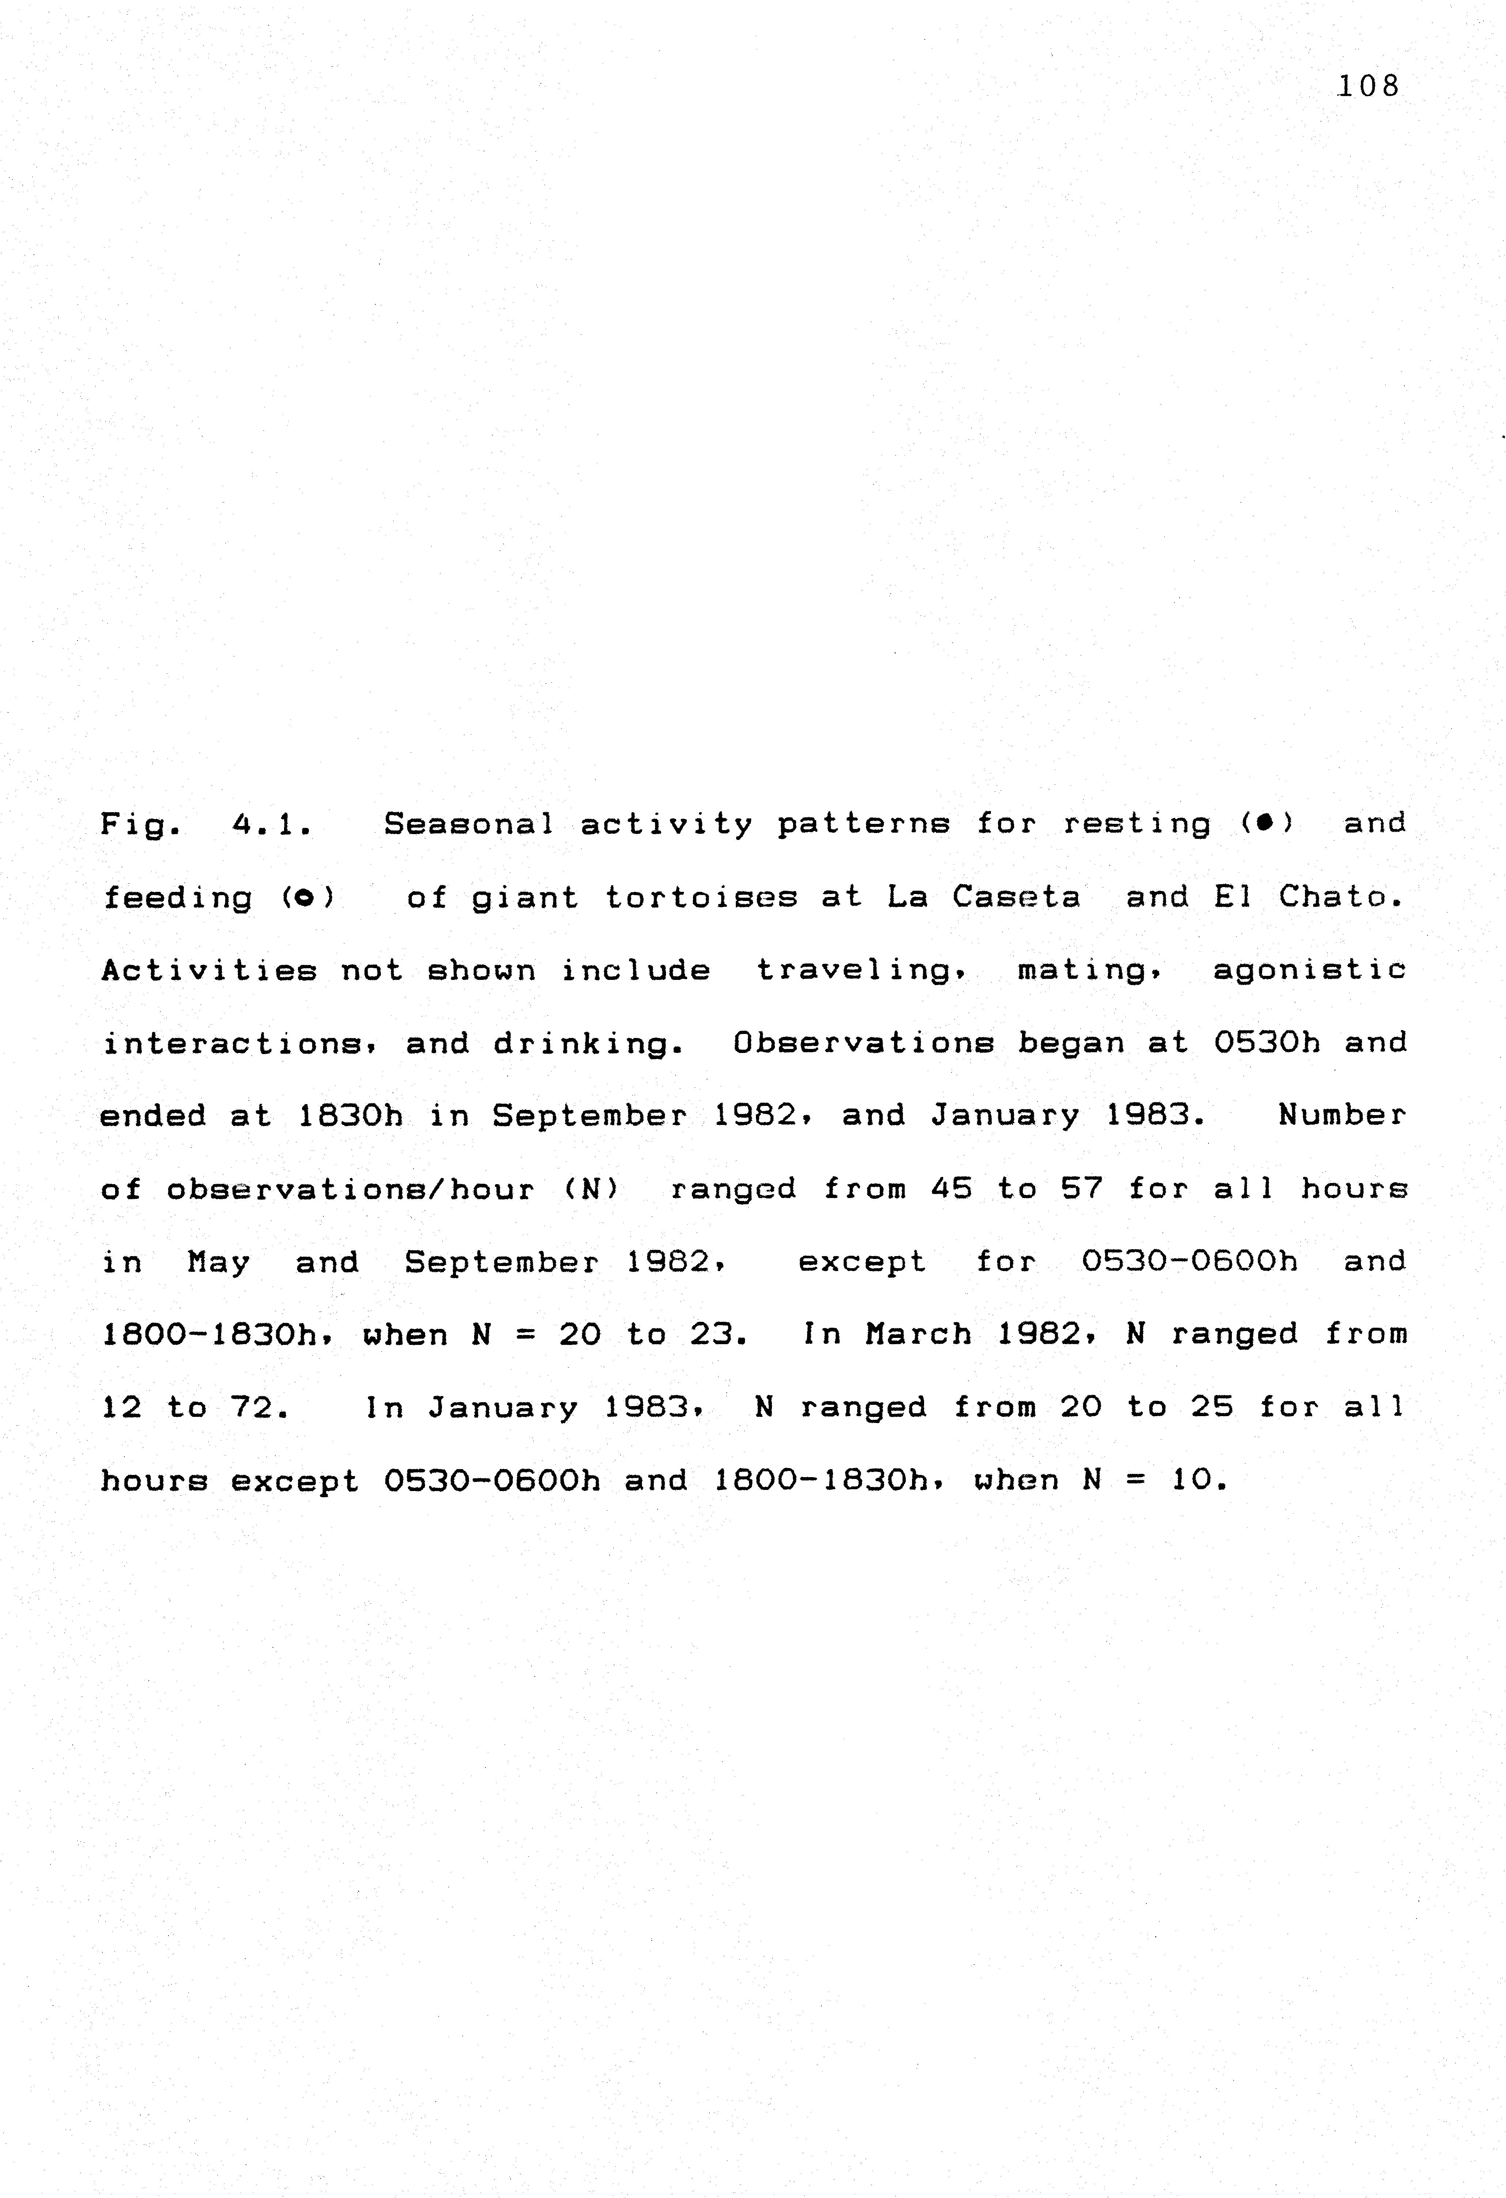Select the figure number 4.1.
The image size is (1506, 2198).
click(x=272, y=825)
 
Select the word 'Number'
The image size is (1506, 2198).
click(x=1342, y=1116)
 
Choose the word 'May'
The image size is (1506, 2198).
click(x=219, y=1263)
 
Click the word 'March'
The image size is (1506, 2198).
click(x=917, y=1335)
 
